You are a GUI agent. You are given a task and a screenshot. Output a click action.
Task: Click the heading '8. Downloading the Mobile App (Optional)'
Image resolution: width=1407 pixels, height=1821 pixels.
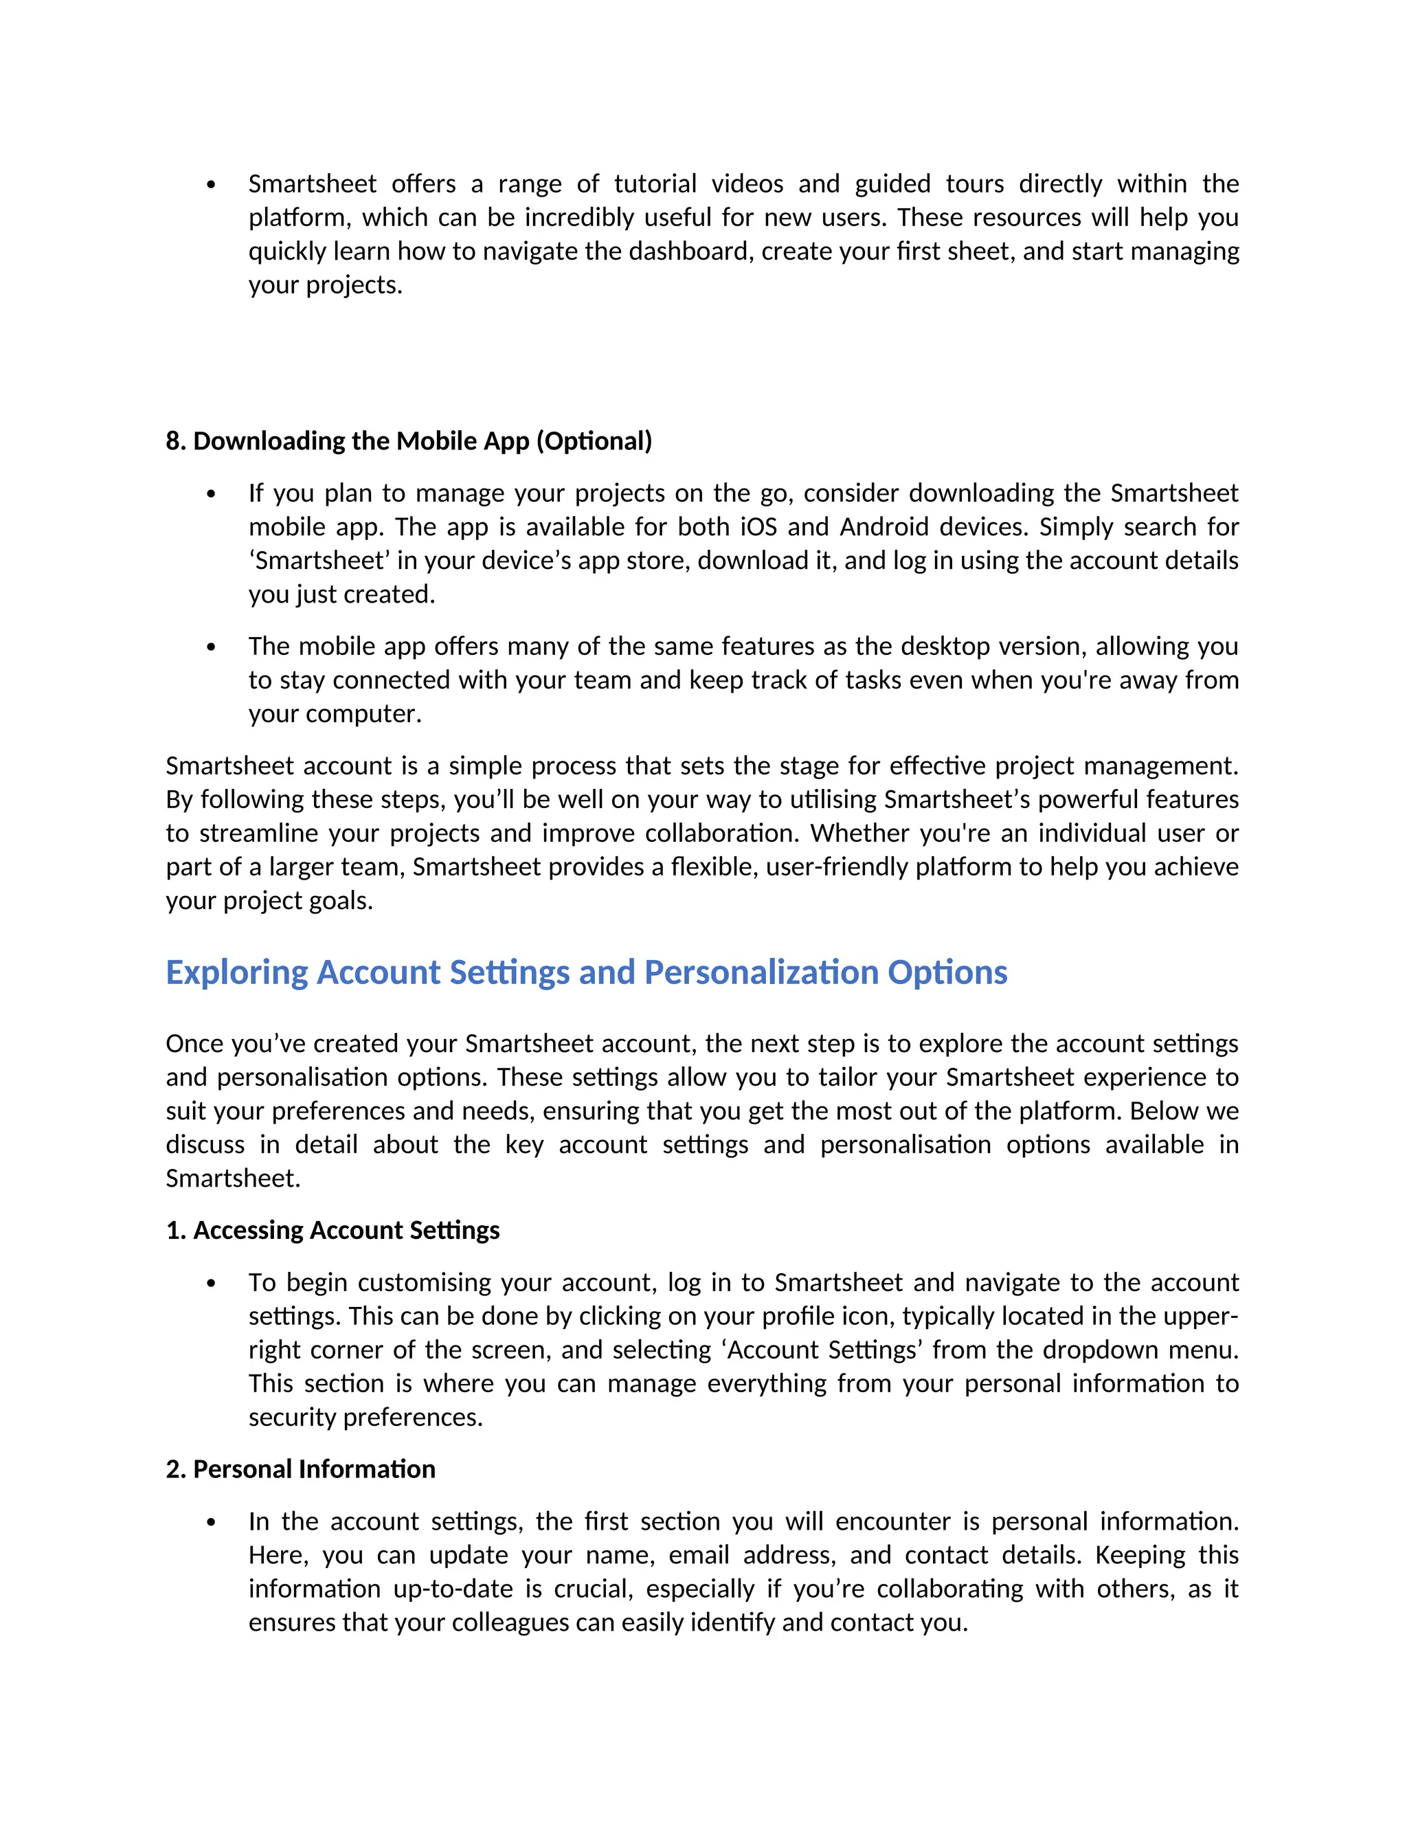click(409, 441)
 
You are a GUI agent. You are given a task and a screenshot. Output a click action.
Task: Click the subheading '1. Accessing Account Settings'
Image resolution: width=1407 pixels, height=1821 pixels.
click(333, 1230)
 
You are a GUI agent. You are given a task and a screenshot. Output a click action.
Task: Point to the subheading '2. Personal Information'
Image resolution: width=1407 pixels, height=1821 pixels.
click(300, 1468)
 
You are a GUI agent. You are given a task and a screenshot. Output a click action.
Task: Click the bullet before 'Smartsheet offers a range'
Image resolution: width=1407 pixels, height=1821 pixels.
click(211, 184)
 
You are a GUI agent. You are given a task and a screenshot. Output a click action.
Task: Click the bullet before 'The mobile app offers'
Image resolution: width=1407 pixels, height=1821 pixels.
click(211, 647)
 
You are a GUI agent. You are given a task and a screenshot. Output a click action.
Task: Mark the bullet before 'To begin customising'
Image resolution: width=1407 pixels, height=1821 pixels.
click(211, 1283)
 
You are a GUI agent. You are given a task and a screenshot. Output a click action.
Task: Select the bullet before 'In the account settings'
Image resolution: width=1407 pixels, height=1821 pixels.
click(211, 1523)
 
